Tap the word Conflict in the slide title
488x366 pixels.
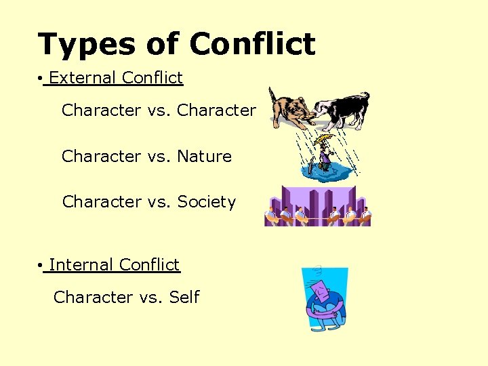point(252,45)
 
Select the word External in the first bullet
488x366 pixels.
point(82,78)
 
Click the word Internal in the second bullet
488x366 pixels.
point(81,265)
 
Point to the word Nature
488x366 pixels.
point(204,157)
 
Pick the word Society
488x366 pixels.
point(207,202)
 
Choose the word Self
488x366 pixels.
point(184,298)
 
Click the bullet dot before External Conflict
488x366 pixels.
point(42,79)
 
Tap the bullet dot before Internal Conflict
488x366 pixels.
point(42,266)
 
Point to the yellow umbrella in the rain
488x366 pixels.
point(325,140)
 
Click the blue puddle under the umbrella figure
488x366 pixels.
point(328,173)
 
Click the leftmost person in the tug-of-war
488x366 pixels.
point(272,215)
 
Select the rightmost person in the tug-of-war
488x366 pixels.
point(365,215)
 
